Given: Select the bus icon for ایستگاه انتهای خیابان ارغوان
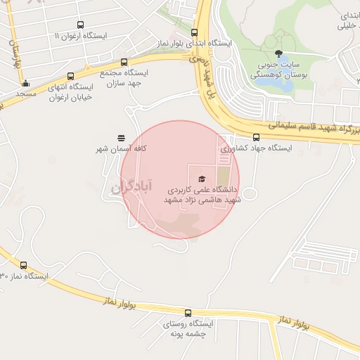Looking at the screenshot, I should tap(70, 77).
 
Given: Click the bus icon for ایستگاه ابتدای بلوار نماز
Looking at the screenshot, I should tap(194, 32).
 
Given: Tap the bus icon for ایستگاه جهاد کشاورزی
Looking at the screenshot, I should tap(255, 138).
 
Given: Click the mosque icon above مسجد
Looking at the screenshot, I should tap(25, 83).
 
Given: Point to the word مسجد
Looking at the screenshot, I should tap(25, 94).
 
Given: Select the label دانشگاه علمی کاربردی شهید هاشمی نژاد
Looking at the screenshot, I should tap(202, 195).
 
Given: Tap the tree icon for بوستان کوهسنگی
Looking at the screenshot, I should tap(280, 54).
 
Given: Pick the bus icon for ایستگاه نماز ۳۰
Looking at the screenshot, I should tap(24, 266).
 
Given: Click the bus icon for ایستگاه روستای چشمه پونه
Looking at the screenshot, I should tap(187, 313).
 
